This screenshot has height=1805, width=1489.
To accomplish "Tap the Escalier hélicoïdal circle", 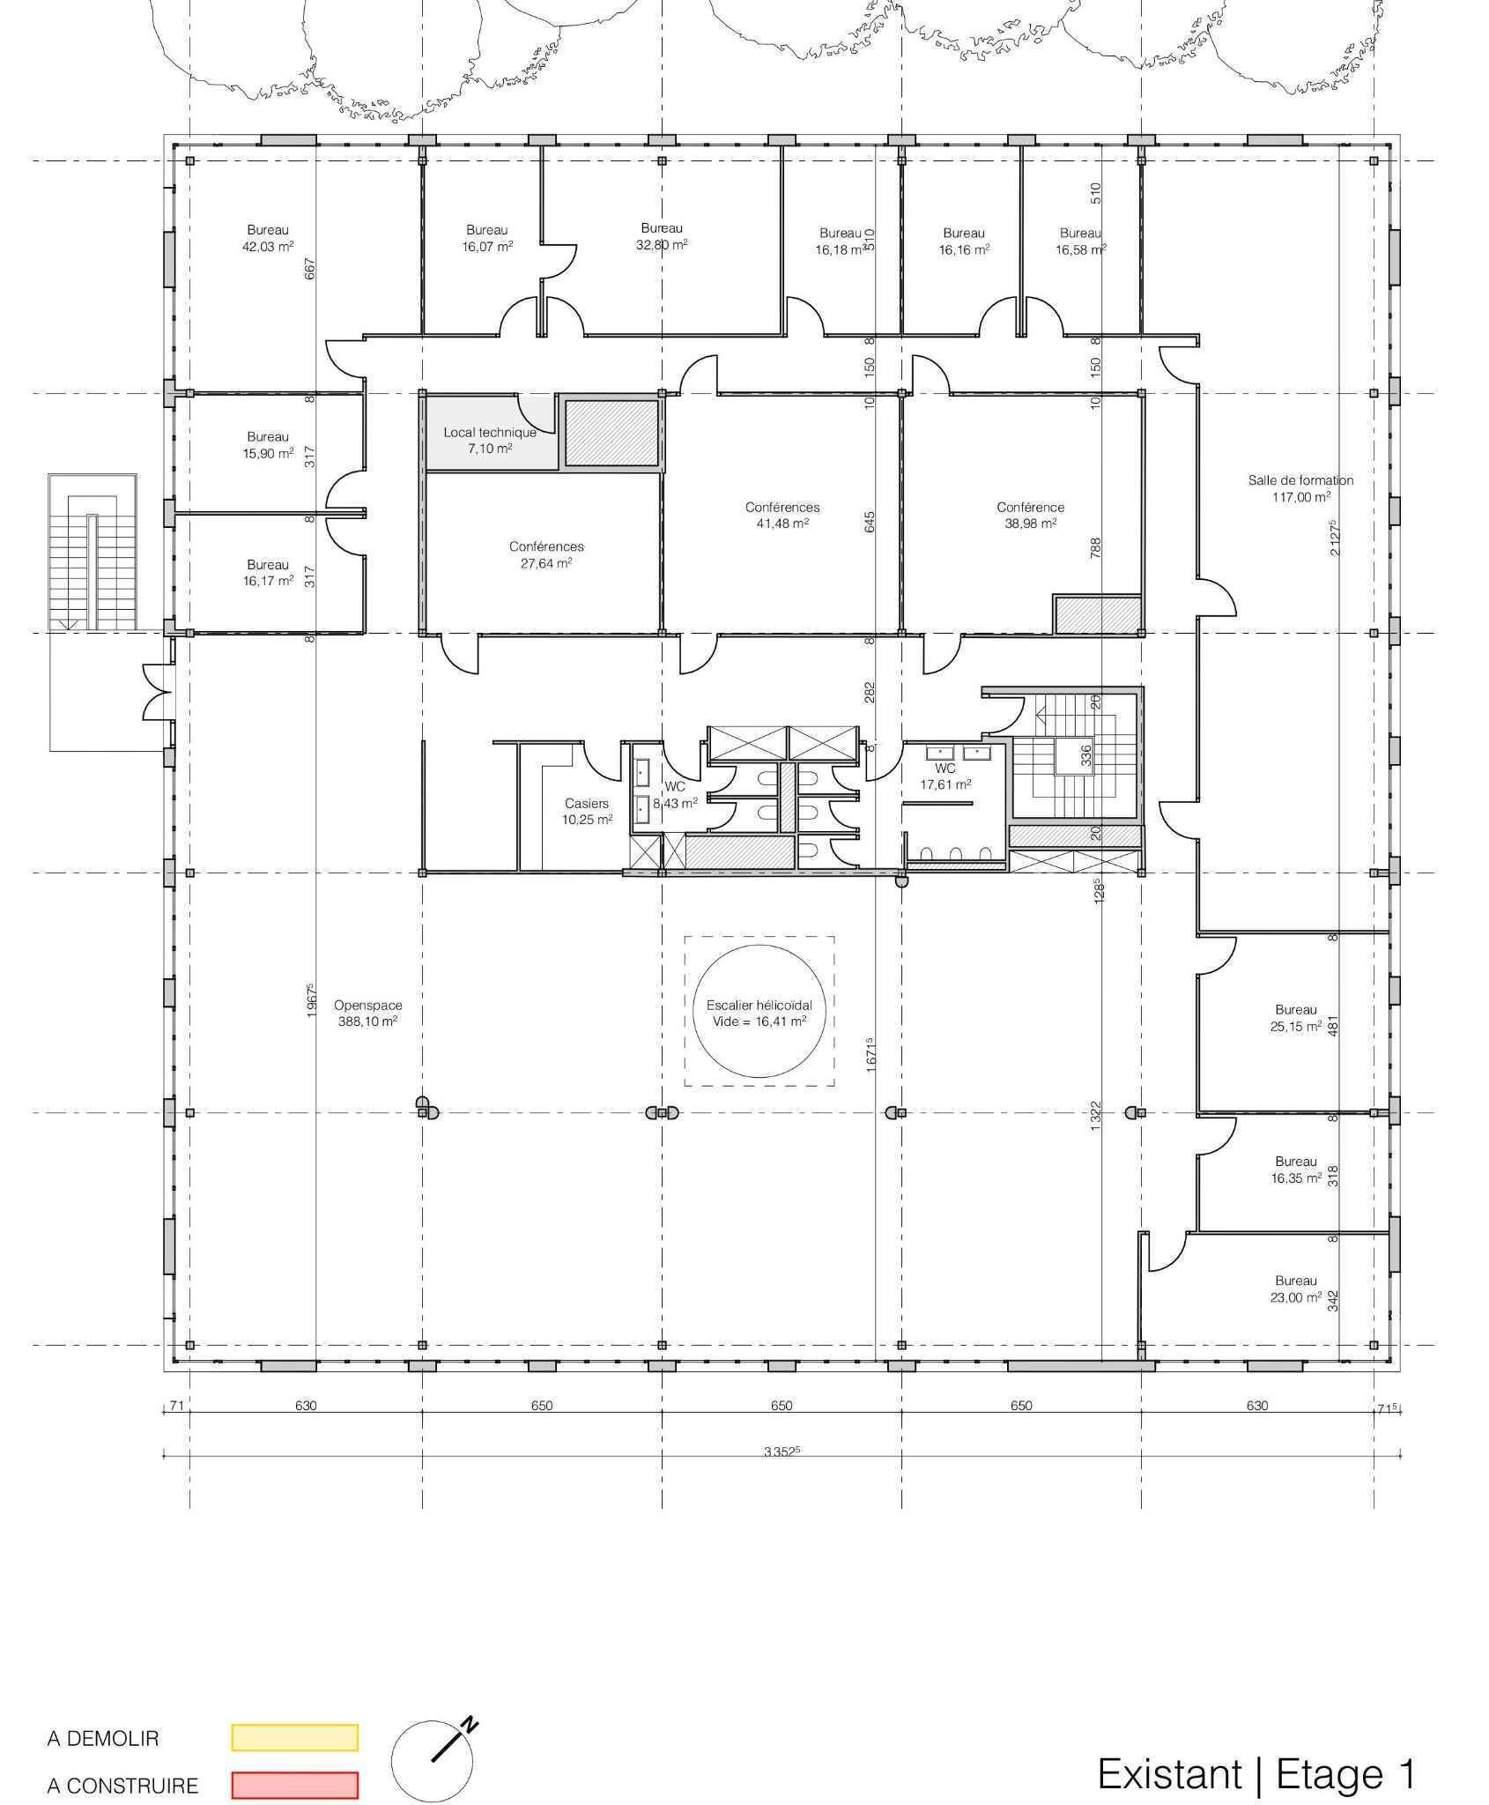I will [x=759, y=1012].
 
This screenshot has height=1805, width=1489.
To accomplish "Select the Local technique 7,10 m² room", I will [x=490, y=440].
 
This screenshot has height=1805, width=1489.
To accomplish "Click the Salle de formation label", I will [x=1300, y=488].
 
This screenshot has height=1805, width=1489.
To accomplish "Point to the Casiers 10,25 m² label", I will [x=587, y=811].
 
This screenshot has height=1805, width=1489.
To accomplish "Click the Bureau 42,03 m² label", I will [x=267, y=238].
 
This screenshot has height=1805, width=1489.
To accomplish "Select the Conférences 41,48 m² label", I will [x=782, y=515].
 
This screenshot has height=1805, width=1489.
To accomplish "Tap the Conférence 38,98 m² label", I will [x=1030, y=515].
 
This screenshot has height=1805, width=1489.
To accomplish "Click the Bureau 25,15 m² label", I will [x=1295, y=1017].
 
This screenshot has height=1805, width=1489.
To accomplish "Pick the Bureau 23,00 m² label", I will [x=1295, y=1289].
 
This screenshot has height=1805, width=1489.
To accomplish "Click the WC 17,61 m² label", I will [x=945, y=776].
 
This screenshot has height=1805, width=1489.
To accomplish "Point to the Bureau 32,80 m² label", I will [x=662, y=236].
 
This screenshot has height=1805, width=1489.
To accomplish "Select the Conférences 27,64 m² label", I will [x=546, y=554].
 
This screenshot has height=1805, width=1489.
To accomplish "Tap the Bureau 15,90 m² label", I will [x=267, y=444].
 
